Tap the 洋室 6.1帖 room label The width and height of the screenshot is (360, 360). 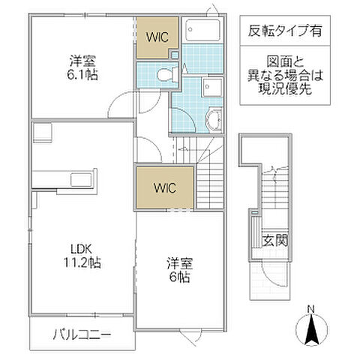point(83,67)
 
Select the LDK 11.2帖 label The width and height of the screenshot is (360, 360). point(82,256)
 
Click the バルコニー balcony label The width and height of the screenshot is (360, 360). point(82,333)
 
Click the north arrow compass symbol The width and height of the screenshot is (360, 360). point(311,328)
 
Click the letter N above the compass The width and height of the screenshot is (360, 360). point(311,308)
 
